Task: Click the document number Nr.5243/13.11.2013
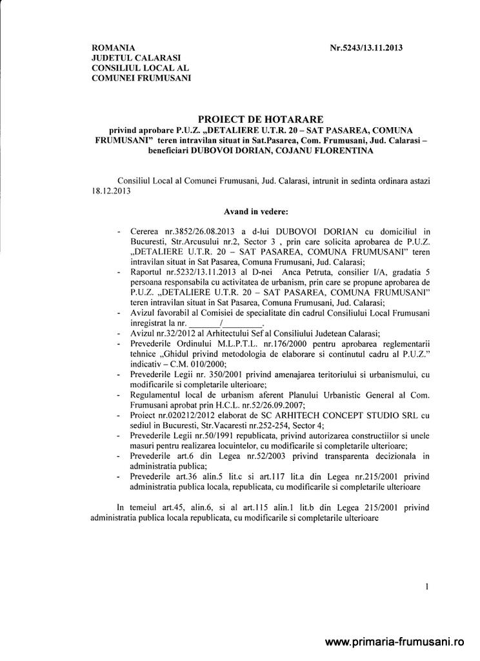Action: (x=370, y=48)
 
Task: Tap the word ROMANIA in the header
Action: (x=114, y=48)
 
